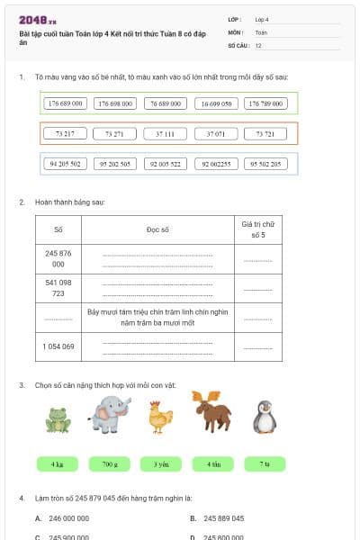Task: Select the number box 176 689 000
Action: pyautogui.click(x=65, y=103)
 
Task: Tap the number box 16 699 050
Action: pyautogui.click(x=215, y=103)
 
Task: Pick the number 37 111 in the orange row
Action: pyautogui.click(x=165, y=134)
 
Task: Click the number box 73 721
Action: pyautogui.click(x=265, y=134)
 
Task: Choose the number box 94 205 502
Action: pyautogui.click(x=65, y=164)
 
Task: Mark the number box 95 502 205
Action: pyautogui.click(x=265, y=164)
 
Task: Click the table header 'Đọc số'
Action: pyautogui.click(x=157, y=229)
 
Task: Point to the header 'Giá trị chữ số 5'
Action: pyautogui.click(x=256, y=229)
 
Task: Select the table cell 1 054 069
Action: pyautogui.click(x=58, y=346)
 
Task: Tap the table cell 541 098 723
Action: pyautogui.click(x=58, y=288)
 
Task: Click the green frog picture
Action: pyautogui.click(x=58, y=419)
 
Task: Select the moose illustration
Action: pyautogui.click(x=212, y=413)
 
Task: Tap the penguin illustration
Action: pyautogui.click(x=264, y=417)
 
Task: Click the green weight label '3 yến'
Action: pyautogui.click(x=161, y=464)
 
